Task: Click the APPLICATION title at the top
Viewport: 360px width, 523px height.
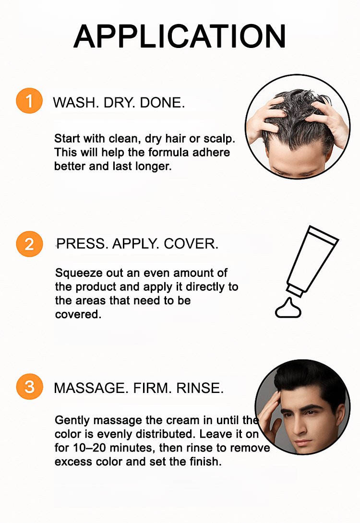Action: pos(180,36)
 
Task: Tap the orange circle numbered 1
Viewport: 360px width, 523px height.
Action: pos(29,101)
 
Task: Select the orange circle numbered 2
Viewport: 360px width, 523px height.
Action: pos(29,244)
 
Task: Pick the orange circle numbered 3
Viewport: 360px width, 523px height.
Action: pos(29,387)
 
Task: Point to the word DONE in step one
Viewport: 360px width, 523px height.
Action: pos(162,102)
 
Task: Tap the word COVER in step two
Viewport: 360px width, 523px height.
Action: pos(191,244)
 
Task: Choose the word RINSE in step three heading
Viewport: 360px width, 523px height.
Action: pos(200,388)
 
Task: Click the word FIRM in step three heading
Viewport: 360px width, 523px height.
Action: pos(152,388)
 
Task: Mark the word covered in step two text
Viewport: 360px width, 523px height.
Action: pos(78,314)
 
